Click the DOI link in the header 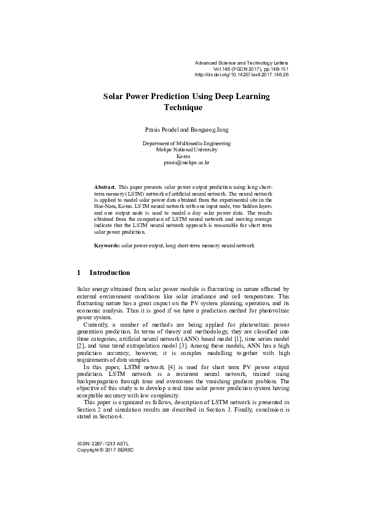tap(241, 75)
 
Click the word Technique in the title tap(183, 107)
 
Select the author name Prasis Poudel tap(160, 130)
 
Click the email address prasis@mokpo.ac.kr tap(186, 163)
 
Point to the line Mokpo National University tap(186, 149)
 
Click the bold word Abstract tap(105, 186)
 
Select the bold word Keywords tap(106, 245)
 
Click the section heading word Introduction tap(109, 273)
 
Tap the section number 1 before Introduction tap(78, 273)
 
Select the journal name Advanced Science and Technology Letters tap(241, 63)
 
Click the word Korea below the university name tap(186, 156)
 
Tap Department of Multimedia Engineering tap(186, 143)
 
